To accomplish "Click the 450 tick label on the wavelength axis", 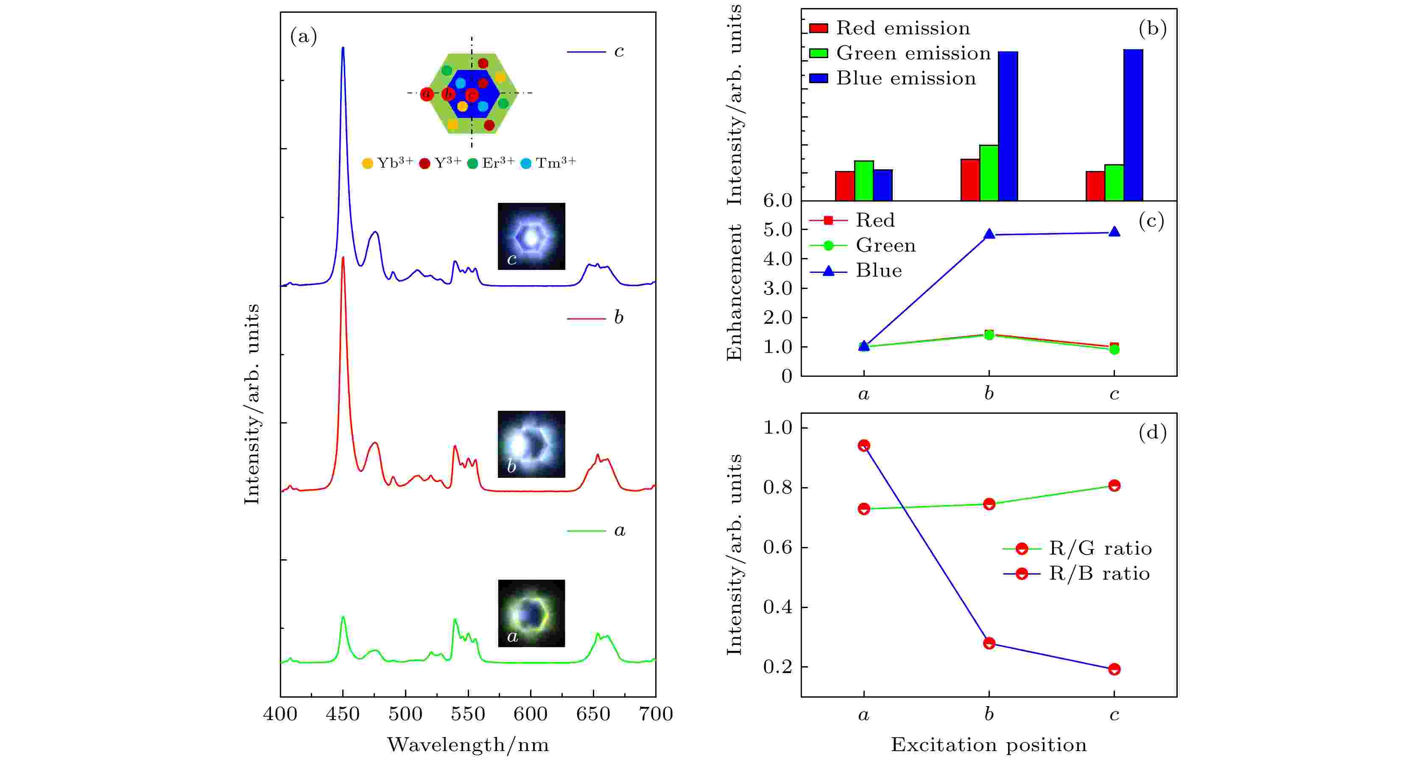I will (343, 714).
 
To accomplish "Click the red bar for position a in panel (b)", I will (844, 186).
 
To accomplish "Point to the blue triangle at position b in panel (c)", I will (989, 234).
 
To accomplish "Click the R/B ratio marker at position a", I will (864, 445).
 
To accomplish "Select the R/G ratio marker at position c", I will (1114, 485).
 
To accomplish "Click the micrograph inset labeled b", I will (531, 444).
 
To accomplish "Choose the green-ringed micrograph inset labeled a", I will (531, 613).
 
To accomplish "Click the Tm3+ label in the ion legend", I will (555, 163).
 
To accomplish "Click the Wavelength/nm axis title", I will (468, 745).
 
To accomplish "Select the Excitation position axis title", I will (989, 745).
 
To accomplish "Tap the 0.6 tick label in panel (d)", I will (777, 547).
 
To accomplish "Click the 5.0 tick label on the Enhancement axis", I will (777, 229).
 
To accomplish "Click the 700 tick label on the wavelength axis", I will (656, 714).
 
